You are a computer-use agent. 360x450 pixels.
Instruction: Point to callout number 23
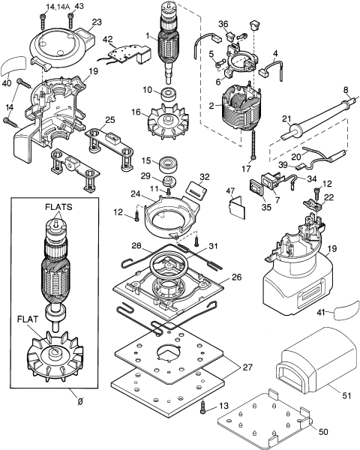97,22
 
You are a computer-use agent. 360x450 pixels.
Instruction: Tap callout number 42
108,39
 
